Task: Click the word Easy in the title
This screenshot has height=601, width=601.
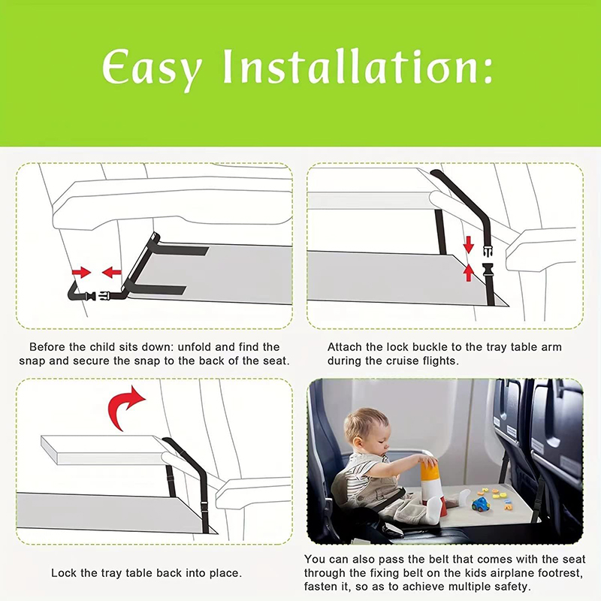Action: (153, 70)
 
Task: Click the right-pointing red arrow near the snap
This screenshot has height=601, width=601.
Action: (80, 271)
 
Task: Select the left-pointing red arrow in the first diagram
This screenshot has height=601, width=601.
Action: (111, 271)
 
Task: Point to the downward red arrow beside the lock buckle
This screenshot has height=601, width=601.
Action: (468, 244)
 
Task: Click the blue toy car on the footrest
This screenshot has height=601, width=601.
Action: (479, 504)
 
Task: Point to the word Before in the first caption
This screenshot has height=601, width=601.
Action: (47, 347)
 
